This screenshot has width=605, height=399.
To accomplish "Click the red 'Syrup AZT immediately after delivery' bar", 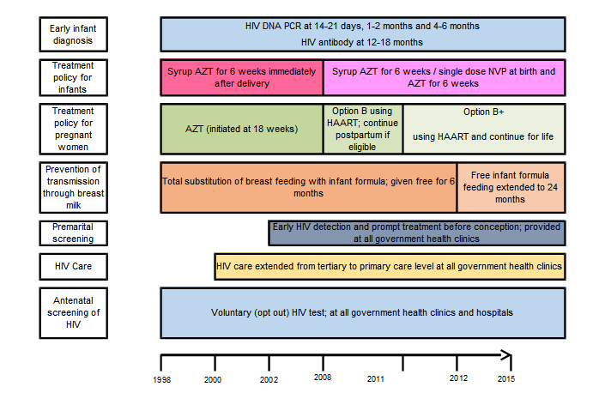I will [x=241, y=77].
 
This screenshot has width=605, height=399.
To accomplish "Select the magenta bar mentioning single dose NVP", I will [x=443, y=77].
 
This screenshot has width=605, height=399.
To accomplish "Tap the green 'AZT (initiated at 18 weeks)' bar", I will [x=241, y=129].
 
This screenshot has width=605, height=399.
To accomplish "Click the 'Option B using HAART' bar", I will [x=362, y=129].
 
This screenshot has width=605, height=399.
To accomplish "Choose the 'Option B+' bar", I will [x=483, y=129].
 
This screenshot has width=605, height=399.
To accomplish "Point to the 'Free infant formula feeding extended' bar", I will [x=510, y=187].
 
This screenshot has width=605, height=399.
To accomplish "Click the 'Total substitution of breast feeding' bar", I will [x=308, y=187].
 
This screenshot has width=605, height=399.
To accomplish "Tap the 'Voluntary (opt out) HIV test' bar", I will [x=362, y=312].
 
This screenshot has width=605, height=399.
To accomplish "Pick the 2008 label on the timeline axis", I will [x=324, y=378].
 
